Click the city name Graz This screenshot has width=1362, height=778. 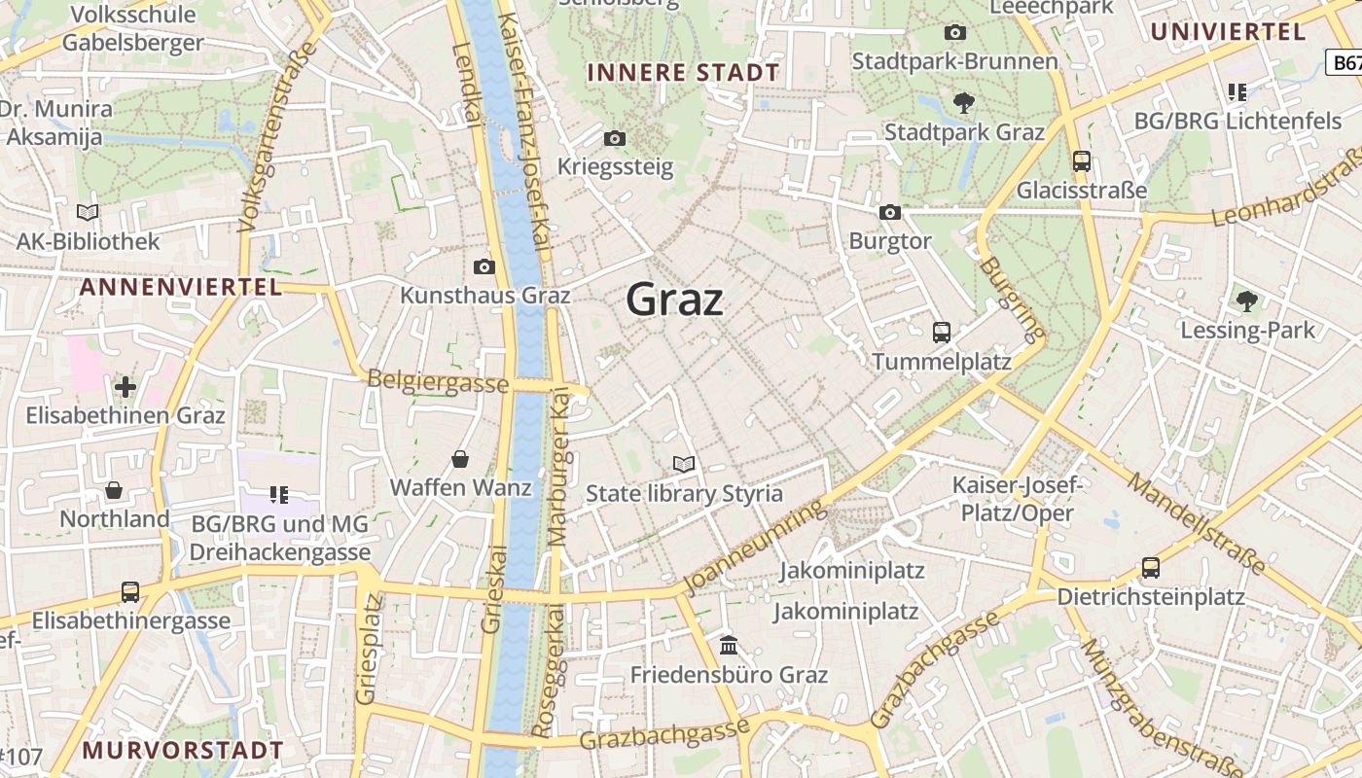674,300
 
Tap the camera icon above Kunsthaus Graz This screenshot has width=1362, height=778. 484,266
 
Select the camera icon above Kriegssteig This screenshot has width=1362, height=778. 614,139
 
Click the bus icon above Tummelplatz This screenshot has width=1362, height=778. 941,332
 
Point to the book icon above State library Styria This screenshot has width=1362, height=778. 684,465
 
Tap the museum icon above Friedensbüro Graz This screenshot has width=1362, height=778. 728,645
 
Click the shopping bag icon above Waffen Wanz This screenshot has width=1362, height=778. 460,458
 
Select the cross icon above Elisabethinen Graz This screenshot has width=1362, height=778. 125,387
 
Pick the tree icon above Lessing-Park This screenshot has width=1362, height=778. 1246,301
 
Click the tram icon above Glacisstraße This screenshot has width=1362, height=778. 1081,161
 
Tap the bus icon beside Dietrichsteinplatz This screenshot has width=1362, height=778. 1150,567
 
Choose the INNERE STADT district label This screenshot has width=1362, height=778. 683,73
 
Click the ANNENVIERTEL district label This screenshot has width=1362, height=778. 181,287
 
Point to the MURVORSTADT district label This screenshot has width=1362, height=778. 183,751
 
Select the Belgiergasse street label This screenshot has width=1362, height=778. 438,381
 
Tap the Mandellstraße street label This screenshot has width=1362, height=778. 1197,522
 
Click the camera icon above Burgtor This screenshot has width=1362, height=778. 889,212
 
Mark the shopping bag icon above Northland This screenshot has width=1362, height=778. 114,490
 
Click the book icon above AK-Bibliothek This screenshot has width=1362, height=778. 88,212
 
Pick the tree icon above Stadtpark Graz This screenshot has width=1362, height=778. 963,102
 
